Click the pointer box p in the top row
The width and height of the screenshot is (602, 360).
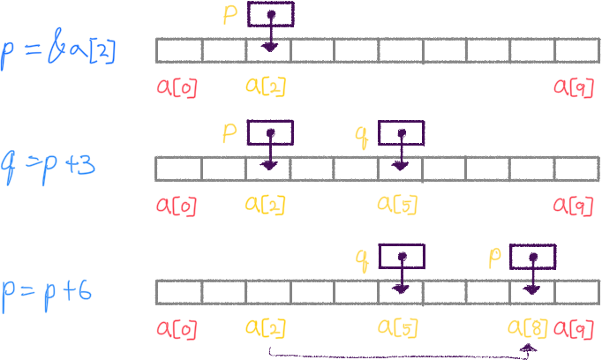pyautogui.click(x=270, y=15)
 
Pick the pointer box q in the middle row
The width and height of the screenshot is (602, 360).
pyautogui.click(x=402, y=133)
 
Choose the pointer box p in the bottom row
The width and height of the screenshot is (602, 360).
pyautogui.click(x=533, y=257)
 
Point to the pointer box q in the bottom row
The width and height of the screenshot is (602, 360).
pyautogui.click(x=402, y=257)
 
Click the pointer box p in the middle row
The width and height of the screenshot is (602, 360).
pyautogui.click(x=270, y=133)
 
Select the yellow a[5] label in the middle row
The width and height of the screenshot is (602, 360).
pyautogui.click(x=397, y=205)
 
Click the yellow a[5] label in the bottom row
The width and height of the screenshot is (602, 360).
pyautogui.click(x=397, y=329)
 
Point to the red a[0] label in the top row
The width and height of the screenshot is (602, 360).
pyautogui.click(x=177, y=86)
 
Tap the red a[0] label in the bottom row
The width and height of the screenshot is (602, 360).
pyautogui.click(x=177, y=329)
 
